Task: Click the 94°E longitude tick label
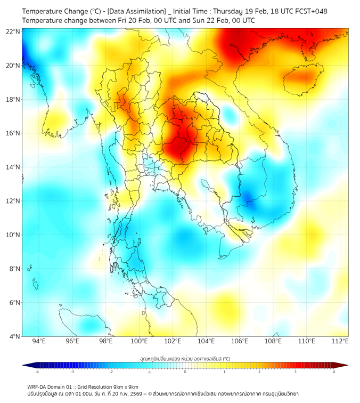39,341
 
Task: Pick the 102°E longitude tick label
173,341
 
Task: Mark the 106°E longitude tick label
240,341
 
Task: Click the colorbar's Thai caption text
185,358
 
